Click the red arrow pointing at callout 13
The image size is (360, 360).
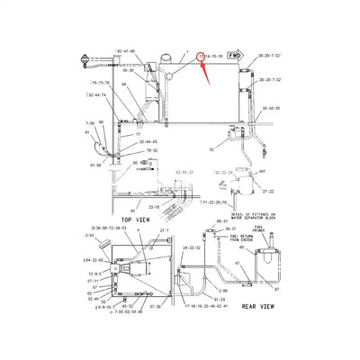point(202,70)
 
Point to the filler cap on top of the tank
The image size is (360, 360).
point(166,61)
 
